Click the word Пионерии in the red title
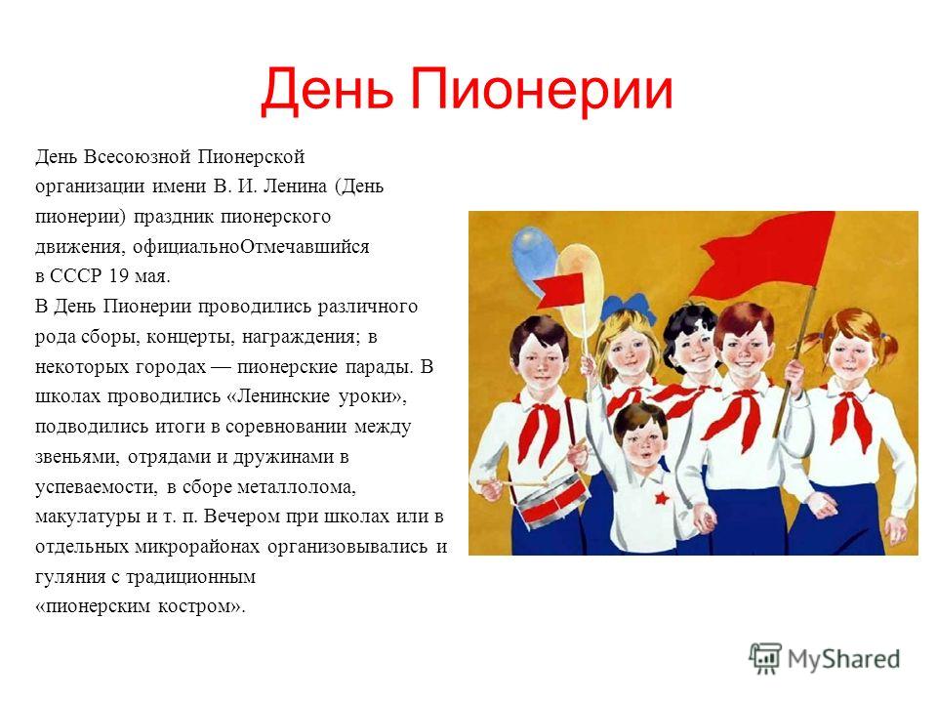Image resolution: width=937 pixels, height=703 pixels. (542, 90)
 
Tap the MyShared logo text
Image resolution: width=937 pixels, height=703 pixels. (843, 659)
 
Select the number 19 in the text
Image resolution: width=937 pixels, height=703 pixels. (119, 276)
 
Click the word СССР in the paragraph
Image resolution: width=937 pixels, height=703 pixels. (76, 276)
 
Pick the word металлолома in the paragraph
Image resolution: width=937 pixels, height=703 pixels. (297, 487)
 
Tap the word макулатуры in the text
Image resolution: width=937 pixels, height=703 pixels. (88, 517)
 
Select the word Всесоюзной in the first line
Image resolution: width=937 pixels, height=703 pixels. (138, 156)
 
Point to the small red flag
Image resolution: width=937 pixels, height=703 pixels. (559, 291)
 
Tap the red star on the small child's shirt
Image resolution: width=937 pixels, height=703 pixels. (661, 497)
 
